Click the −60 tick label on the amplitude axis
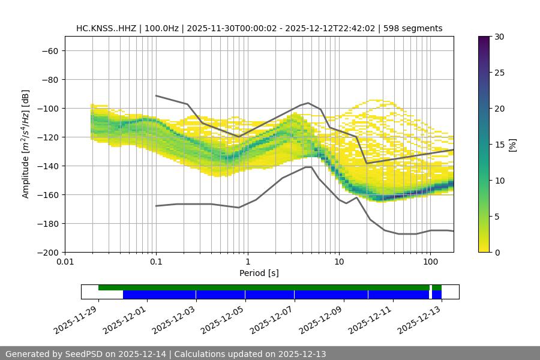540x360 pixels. [x=49, y=50]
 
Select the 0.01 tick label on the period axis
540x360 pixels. [x=65, y=262]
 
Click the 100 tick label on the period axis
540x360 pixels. [x=430, y=262]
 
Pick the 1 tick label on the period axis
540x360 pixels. [x=247, y=262]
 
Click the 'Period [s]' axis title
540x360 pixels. [x=259, y=273]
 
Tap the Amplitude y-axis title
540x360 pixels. [x=26, y=144]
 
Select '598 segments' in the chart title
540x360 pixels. [x=413, y=28]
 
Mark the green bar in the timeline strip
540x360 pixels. [x=264, y=287]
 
